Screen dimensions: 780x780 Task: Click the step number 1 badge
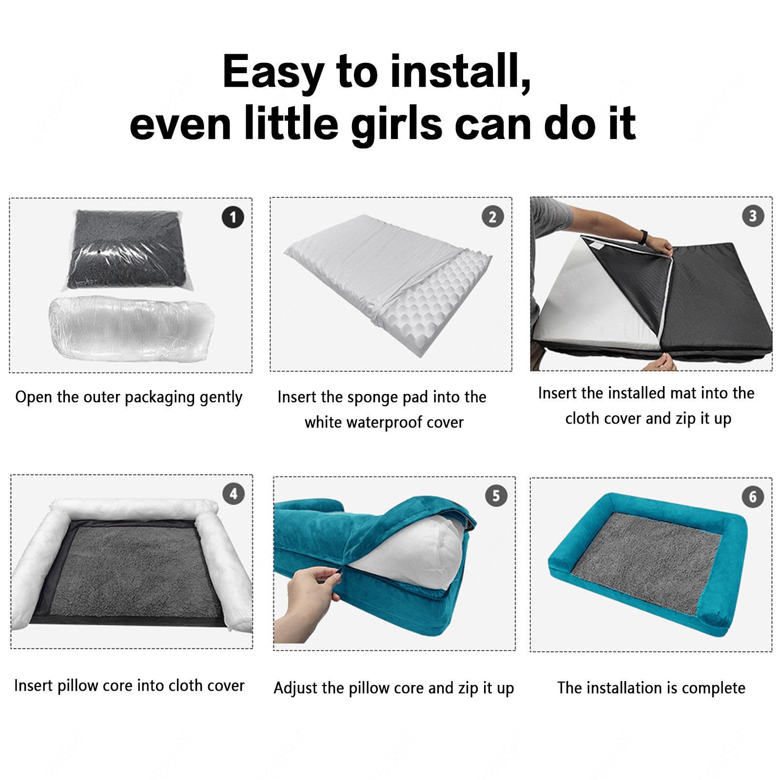(233, 217)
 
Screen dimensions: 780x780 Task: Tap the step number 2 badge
(492, 217)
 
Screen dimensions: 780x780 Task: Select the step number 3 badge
(753, 215)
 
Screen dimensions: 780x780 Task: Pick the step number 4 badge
(234, 494)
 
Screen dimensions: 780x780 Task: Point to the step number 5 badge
(496, 496)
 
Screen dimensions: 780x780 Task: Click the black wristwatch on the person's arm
(644, 237)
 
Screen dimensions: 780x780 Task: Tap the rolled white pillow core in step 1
(132, 328)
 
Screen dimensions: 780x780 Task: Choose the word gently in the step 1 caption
(221, 398)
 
